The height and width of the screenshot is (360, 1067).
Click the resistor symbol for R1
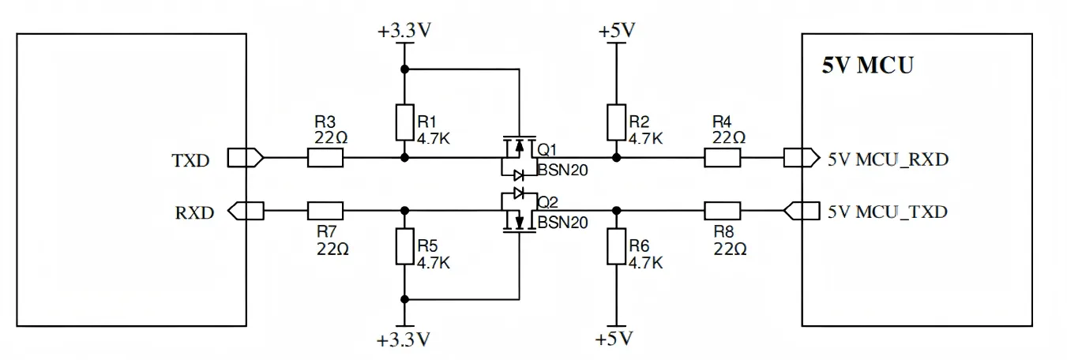tap(404, 121)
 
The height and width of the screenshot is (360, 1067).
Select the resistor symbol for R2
tap(616, 121)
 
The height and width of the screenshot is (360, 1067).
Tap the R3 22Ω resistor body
tap(325, 158)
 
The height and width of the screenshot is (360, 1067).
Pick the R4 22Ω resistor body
tap(722, 158)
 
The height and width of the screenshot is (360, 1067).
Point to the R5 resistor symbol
tap(404, 246)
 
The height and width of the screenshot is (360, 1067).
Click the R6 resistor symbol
tap(616, 246)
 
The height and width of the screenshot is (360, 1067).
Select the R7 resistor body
tap(325, 211)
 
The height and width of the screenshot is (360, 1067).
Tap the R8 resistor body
tap(722, 211)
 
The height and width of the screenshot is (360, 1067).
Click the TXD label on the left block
tap(190, 160)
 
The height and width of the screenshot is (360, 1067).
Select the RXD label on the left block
tap(194, 212)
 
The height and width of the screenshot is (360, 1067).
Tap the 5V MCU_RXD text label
tap(888, 159)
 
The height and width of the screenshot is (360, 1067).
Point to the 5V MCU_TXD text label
tap(888, 212)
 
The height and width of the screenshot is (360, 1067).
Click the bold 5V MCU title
tap(867, 66)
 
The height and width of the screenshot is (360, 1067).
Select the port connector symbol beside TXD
tap(246, 158)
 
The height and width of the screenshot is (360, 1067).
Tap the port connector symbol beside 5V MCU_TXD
tap(801, 211)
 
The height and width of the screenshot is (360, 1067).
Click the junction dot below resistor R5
tap(404, 299)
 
